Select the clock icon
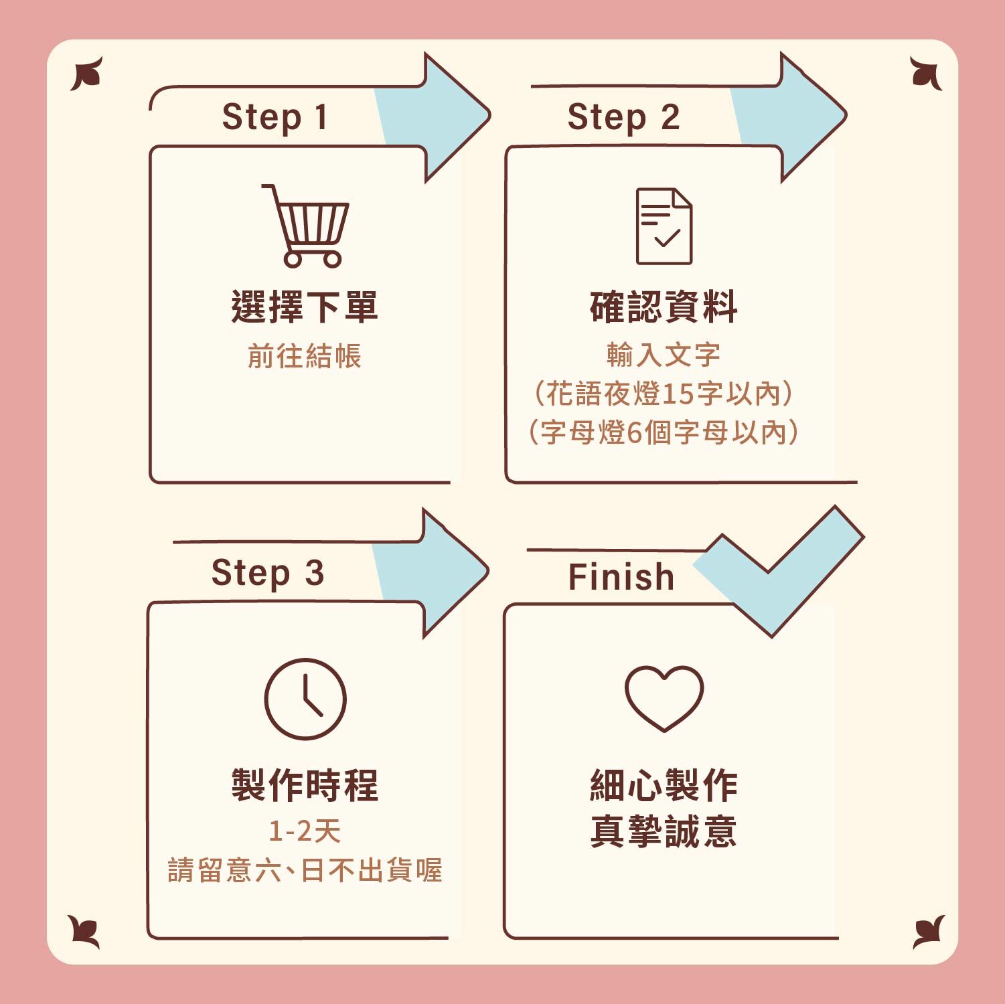tap(305, 699)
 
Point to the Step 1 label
tap(275, 117)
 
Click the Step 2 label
tap(623, 117)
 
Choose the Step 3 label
tap(267, 573)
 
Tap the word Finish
tap(621, 577)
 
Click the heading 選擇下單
tap(305, 307)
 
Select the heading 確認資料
tap(664, 307)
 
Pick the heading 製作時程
tap(305, 784)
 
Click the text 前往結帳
tap(305, 356)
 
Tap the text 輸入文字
tap(664, 355)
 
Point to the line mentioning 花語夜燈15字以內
tap(664, 394)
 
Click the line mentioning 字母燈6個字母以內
tap(664, 432)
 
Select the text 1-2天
tap(305, 831)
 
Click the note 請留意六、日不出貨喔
tap(305, 870)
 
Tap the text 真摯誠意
tap(664, 831)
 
